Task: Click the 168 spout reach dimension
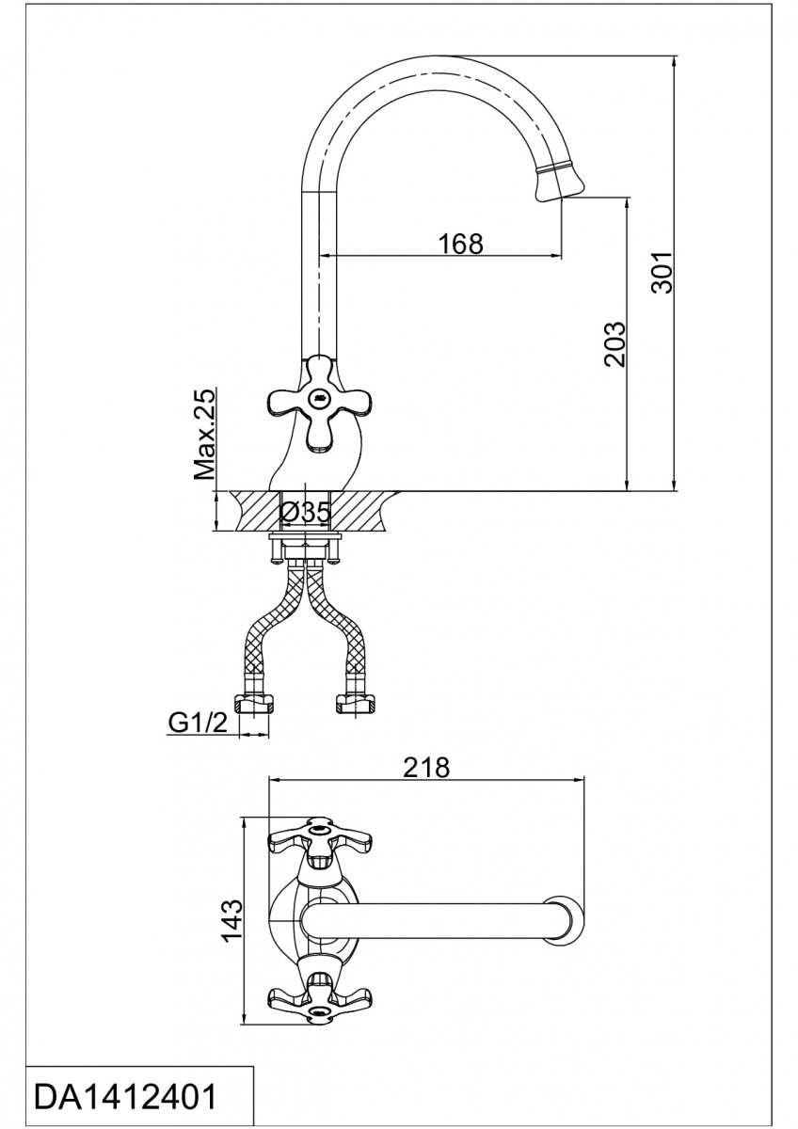460,243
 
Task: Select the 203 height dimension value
613,344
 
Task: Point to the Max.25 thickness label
205,435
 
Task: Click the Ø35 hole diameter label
305,513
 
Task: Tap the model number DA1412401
125,1097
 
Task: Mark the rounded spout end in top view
568,920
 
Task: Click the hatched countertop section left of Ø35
249,512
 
